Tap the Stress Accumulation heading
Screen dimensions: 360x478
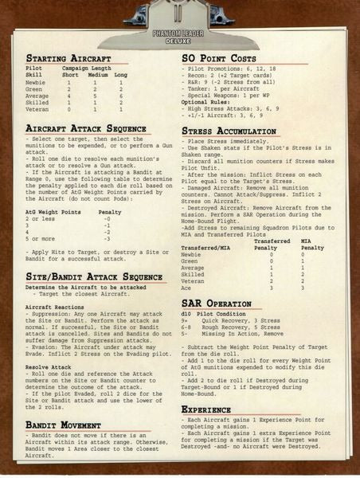234,131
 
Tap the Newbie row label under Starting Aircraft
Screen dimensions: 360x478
36,82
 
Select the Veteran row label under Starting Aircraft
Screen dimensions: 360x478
37,109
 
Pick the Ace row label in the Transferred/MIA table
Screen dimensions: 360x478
187,287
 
